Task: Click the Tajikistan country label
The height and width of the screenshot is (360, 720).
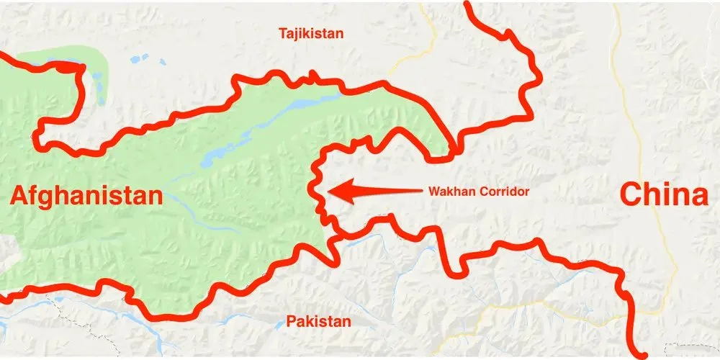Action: click(312, 33)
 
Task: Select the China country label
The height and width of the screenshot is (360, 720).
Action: click(665, 195)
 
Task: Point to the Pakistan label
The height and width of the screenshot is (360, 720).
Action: click(318, 321)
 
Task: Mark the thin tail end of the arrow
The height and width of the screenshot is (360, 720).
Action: click(421, 191)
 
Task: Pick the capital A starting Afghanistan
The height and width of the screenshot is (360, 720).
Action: click(19, 195)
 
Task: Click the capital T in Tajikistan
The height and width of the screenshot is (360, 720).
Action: click(283, 33)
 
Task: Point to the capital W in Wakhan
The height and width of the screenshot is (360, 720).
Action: click(433, 192)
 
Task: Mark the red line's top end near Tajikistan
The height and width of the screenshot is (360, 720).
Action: click(469, 5)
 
